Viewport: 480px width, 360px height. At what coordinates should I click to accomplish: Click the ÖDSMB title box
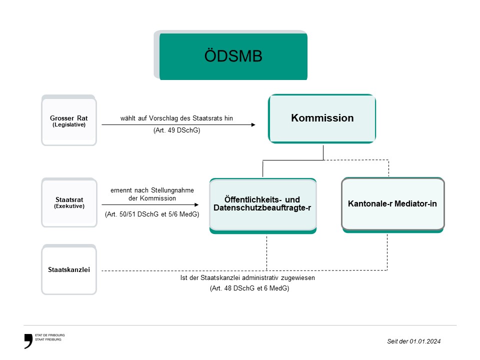[233, 56]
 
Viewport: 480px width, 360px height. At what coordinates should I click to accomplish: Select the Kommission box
[322, 118]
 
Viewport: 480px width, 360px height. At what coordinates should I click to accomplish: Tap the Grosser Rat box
[68, 120]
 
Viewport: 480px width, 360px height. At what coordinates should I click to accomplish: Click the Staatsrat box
[68, 202]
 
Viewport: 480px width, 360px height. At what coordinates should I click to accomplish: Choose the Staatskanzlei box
[68, 270]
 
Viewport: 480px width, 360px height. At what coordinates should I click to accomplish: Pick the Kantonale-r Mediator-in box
[392, 204]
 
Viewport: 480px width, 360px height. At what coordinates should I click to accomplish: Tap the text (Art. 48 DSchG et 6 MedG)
[249, 288]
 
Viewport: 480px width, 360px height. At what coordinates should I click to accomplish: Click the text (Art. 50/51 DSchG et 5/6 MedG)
[152, 214]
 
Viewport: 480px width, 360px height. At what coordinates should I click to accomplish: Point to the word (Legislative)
[68, 124]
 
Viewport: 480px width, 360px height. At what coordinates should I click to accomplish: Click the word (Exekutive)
[68, 206]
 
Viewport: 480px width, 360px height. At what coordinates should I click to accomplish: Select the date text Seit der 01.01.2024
[414, 341]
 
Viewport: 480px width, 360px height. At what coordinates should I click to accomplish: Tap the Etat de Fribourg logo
[44, 339]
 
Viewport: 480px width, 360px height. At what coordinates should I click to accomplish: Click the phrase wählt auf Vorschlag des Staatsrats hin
[176, 118]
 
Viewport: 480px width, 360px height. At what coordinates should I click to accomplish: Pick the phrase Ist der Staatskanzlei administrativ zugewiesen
[247, 277]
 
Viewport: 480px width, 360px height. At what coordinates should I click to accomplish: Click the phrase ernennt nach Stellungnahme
[152, 190]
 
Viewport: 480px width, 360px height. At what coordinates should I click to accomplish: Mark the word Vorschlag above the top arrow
[163, 118]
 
